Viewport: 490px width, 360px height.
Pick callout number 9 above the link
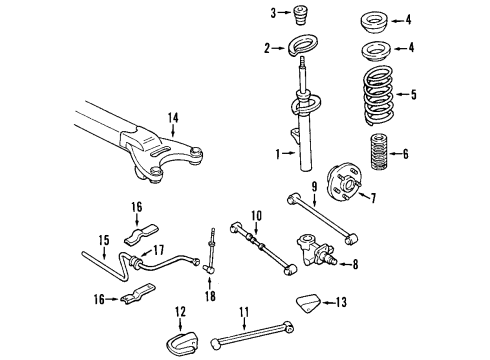point(312,186)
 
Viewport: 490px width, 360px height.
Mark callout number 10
point(256,215)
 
